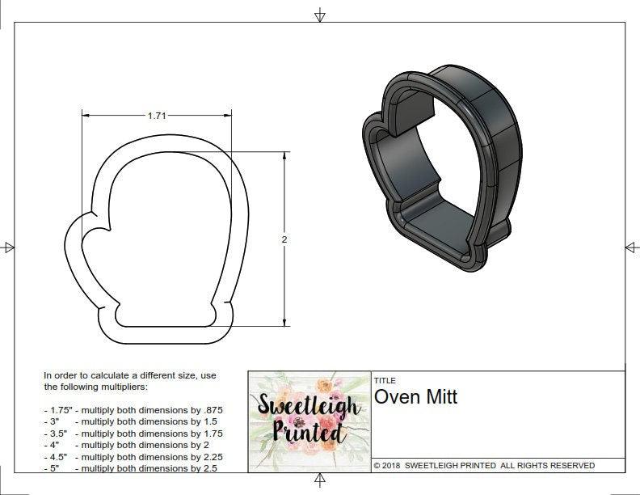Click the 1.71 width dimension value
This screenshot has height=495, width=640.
pyautogui.click(x=157, y=116)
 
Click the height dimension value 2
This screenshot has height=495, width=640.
pyautogui.click(x=285, y=239)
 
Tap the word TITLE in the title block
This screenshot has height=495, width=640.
pyautogui.click(x=384, y=380)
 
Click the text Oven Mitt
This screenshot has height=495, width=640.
pyautogui.click(x=415, y=397)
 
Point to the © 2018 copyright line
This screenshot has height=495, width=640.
pyautogui.click(x=483, y=465)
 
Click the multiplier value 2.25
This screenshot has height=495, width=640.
pyautogui.click(x=208, y=456)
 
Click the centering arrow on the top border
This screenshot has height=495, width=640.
pyautogui.click(x=320, y=15)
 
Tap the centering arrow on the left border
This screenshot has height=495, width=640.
pyautogui.click(x=8, y=247)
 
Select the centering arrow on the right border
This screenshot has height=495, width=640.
pyautogui.click(x=631, y=247)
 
